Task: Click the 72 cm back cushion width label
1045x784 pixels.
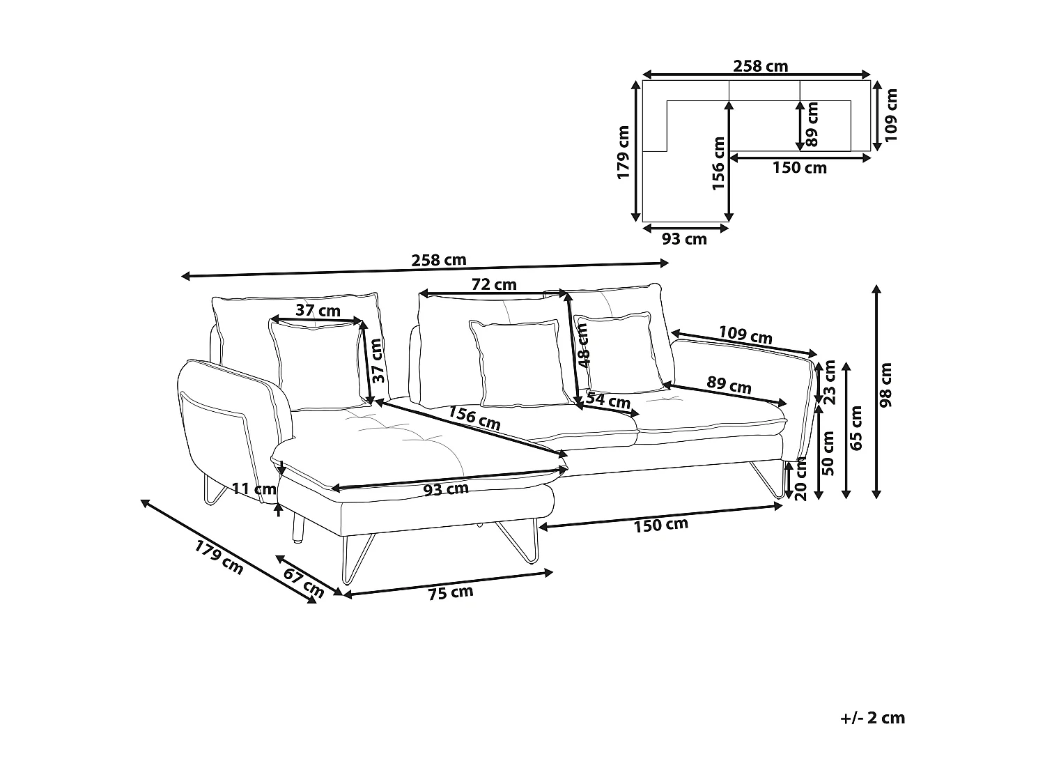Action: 494,284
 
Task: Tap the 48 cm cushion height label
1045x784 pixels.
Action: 583,346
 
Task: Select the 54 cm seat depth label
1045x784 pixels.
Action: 608,401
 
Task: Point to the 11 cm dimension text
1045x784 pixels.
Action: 254,489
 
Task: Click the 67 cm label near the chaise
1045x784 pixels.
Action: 304,582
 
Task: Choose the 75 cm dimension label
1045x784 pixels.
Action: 450,592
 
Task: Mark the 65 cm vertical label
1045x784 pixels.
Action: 856,428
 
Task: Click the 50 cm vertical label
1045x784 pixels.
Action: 829,453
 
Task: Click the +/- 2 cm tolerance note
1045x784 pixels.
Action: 873,718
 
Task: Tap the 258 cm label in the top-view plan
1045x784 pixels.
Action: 760,66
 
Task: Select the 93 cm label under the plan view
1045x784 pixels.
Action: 684,239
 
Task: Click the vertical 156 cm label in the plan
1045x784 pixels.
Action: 719,163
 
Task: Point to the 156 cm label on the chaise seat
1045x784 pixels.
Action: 474,417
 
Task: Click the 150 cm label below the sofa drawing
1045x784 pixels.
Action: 660,524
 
